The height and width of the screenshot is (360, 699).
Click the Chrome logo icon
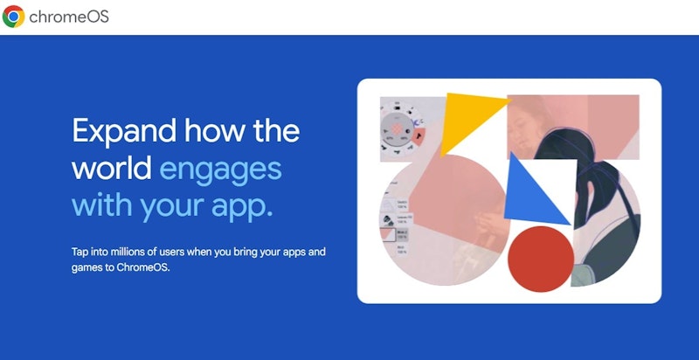point(13,17)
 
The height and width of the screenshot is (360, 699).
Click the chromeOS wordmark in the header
point(69,17)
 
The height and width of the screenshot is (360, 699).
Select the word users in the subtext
point(172,253)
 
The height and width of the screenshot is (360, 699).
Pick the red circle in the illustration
point(541,259)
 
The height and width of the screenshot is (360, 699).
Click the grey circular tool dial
point(397,129)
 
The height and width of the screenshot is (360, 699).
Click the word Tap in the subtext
point(79,253)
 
